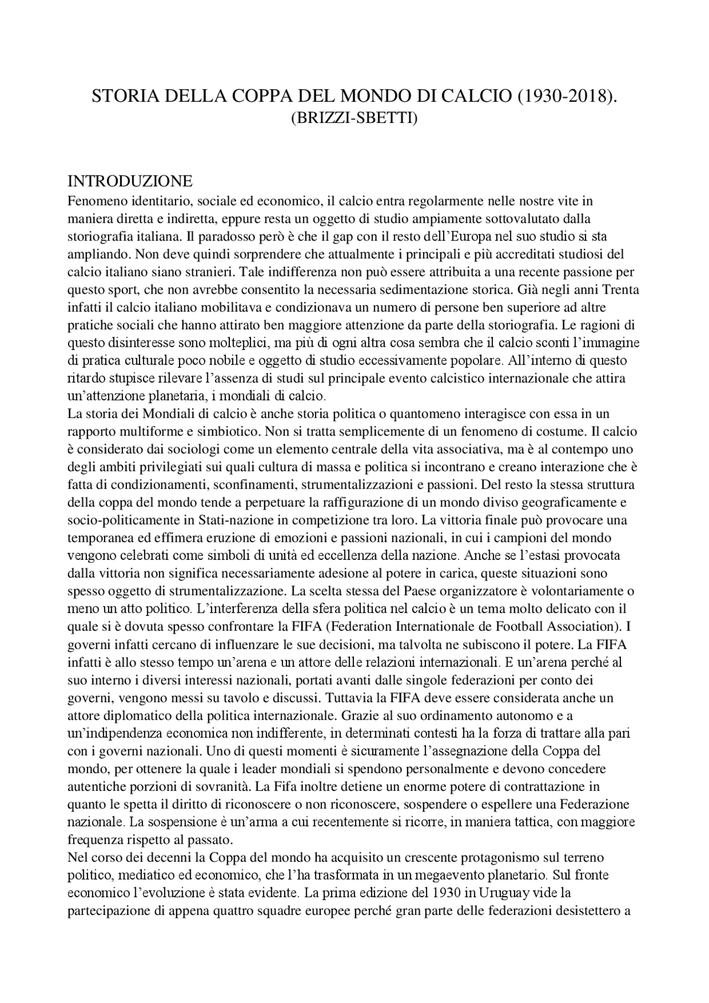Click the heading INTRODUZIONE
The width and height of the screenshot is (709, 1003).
coord(130,181)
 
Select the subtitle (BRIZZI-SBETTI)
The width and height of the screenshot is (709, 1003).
coord(354,118)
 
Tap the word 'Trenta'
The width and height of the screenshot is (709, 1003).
coord(620,290)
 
